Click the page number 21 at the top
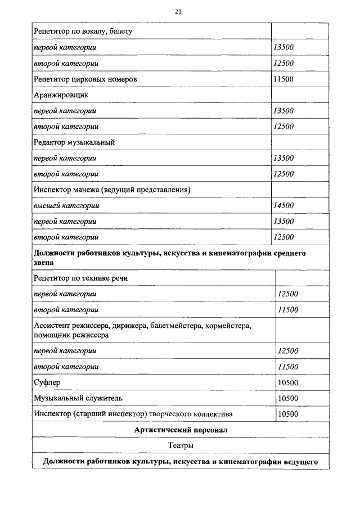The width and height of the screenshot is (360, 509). click(x=178, y=11)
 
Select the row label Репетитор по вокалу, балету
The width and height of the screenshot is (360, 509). click(x=83, y=32)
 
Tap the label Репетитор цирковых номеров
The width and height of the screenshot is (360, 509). click(x=85, y=79)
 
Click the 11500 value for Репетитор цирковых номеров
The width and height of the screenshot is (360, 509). click(x=283, y=79)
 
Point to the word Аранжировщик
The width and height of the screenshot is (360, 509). click(x=61, y=95)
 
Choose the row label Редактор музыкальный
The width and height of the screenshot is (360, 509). click(x=74, y=142)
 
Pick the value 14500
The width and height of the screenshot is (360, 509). click(x=283, y=206)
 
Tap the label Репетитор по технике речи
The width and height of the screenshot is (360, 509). click(x=82, y=278)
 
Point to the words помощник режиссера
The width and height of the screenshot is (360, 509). click(x=71, y=335)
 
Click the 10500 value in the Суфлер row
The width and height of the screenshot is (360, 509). click(x=289, y=382)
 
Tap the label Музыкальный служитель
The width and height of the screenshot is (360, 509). click(x=78, y=398)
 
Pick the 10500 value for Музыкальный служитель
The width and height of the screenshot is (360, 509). click(x=289, y=398)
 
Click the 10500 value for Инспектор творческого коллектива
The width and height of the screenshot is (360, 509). click(x=289, y=414)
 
